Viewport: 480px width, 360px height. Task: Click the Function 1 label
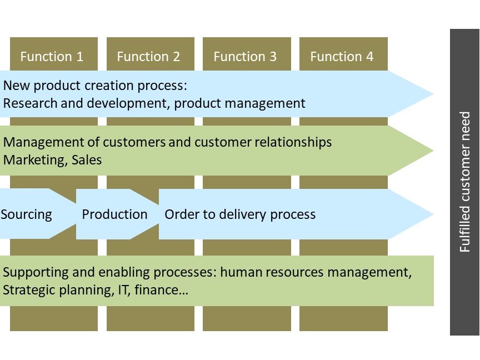coord(52,57)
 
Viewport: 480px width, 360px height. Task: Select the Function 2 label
coord(148,57)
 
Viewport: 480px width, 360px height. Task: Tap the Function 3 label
coord(245,57)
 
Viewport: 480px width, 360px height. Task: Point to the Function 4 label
coord(342,57)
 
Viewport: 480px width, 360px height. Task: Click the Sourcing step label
coord(26,214)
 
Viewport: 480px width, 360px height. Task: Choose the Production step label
coord(115,214)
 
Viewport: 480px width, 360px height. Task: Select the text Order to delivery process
coord(240,214)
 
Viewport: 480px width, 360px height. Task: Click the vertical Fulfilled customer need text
coord(464,182)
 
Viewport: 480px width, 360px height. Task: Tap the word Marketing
coord(35,160)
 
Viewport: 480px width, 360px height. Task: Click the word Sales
coord(87,160)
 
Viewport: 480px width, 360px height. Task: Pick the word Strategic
coord(29,290)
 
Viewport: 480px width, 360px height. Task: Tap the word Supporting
coord(36,272)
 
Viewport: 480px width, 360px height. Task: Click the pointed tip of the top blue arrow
coord(433,94)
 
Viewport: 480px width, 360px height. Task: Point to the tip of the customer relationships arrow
coord(433,151)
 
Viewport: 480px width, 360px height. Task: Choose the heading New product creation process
coord(95,86)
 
